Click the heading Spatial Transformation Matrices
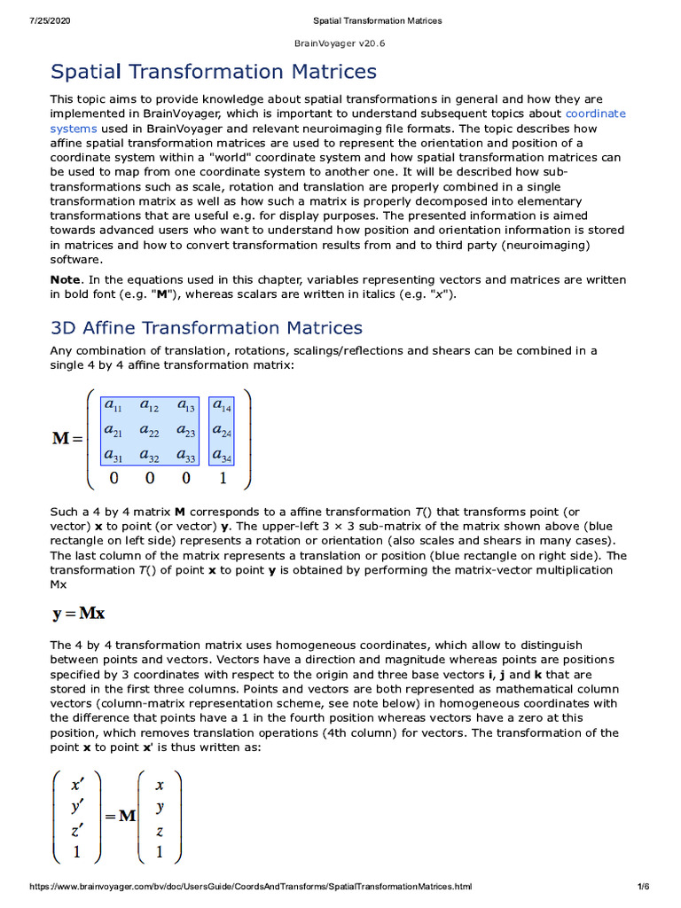tap(214, 72)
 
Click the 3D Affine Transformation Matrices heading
tap(207, 328)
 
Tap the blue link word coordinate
tap(595, 113)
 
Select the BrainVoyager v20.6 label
tap(340, 43)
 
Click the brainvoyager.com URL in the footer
tap(251, 887)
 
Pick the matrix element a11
tap(113, 407)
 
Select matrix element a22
tap(149, 432)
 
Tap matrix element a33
tap(185, 457)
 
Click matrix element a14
tap(222, 407)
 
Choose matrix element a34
tap(222, 457)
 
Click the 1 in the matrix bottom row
tap(222, 479)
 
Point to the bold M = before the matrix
tap(67, 438)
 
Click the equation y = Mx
tap(79, 613)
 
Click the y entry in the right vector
tap(160, 809)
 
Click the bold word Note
tap(65, 279)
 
